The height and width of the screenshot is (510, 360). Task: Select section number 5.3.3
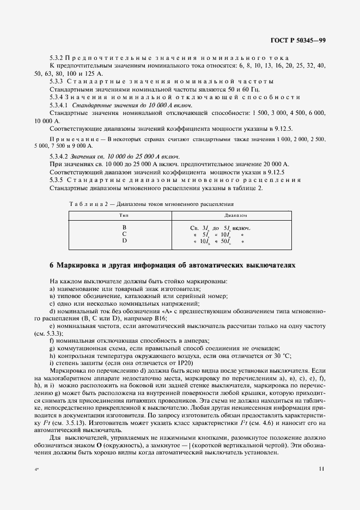[57, 81]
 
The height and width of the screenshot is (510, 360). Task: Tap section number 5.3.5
[57, 180]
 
